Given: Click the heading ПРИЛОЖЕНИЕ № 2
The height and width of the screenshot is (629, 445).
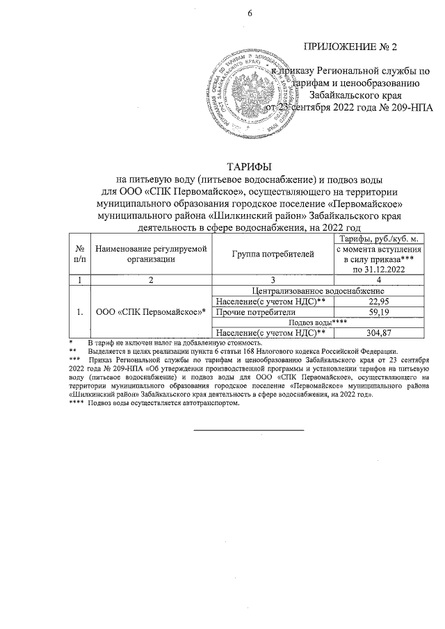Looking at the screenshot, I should click(x=350, y=48).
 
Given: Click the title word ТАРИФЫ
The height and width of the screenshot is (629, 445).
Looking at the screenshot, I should click(x=249, y=165).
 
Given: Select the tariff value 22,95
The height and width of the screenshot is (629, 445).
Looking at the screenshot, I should click(x=379, y=300).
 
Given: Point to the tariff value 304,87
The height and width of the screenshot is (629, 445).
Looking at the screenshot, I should click(x=379, y=334).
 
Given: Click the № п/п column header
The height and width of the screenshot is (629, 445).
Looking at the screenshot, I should click(x=81, y=255).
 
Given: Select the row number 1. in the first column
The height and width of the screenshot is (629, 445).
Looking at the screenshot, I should click(x=81, y=311).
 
